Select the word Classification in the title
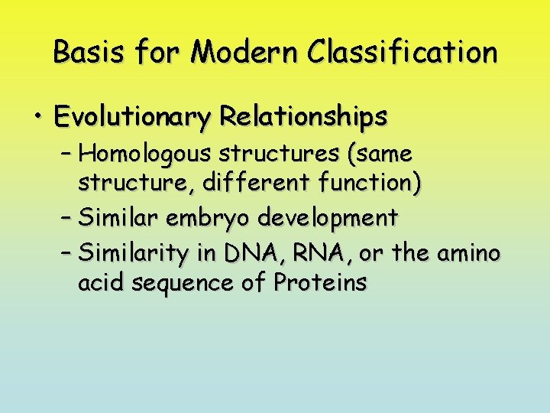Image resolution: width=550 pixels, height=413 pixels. click(403, 53)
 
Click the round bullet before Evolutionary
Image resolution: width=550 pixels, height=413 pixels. click(37, 117)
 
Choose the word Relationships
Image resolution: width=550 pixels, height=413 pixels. click(303, 117)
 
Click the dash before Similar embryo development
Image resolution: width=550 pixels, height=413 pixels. click(66, 218)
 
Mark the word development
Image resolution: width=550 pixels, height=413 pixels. click(328, 218)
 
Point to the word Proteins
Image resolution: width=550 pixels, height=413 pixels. click(321, 283)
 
